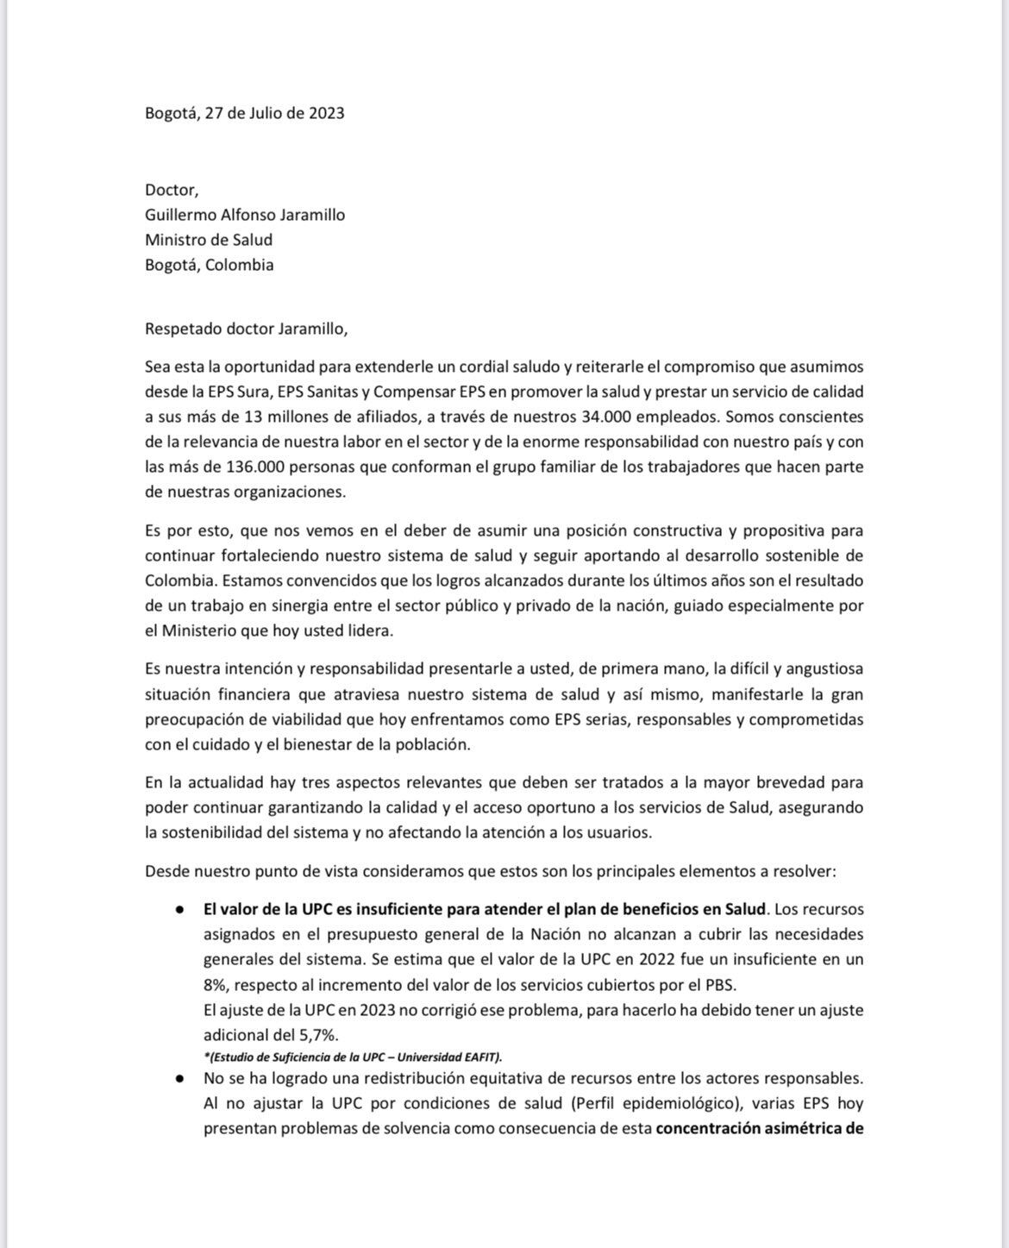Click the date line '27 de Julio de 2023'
coord(274,113)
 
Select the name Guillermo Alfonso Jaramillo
coord(245,215)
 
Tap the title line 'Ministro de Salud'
coord(209,240)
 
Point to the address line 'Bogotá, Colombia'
coord(210,265)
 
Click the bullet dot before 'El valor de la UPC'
coord(179,910)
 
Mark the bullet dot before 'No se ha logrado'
coord(179,1078)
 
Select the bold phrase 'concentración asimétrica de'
coord(760,1128)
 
